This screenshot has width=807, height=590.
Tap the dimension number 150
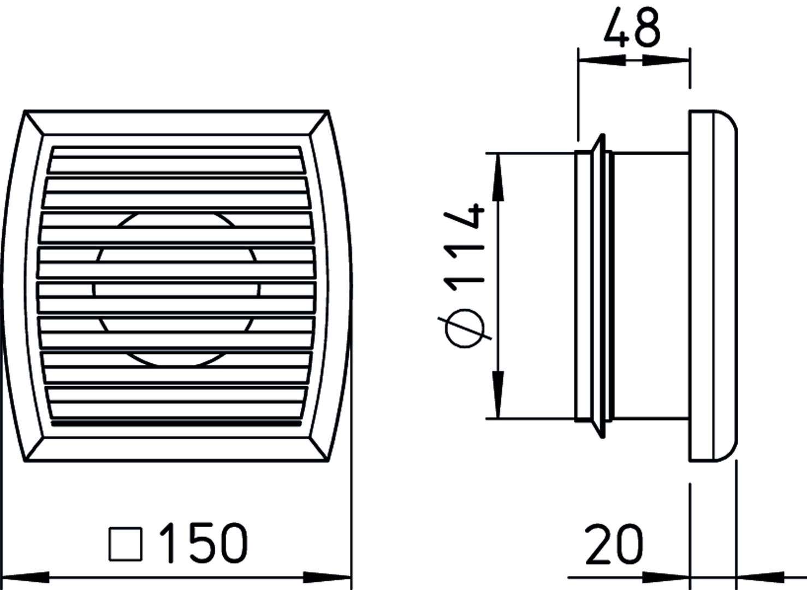tap(203, 543)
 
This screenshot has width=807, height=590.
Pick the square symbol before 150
tap(126, 544)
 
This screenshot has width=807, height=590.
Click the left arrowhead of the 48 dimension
tap(602, 60)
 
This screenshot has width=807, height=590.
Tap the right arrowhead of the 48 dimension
tap(666, 60)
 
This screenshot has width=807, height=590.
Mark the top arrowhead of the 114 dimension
tap(498, 178)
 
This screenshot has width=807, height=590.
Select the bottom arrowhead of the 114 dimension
tap(498, 394)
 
